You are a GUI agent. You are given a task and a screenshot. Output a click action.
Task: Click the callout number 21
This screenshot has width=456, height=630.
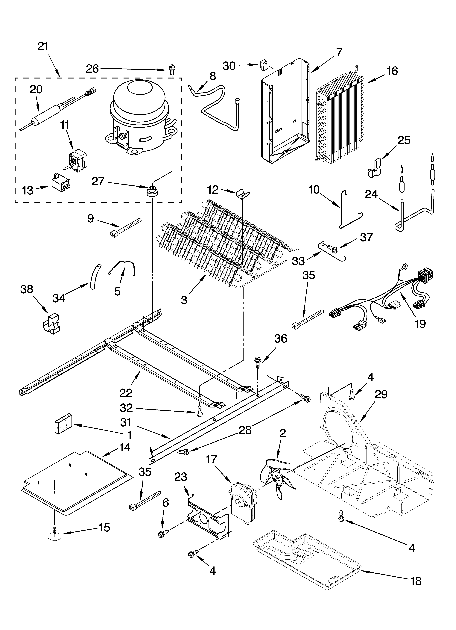43,46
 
